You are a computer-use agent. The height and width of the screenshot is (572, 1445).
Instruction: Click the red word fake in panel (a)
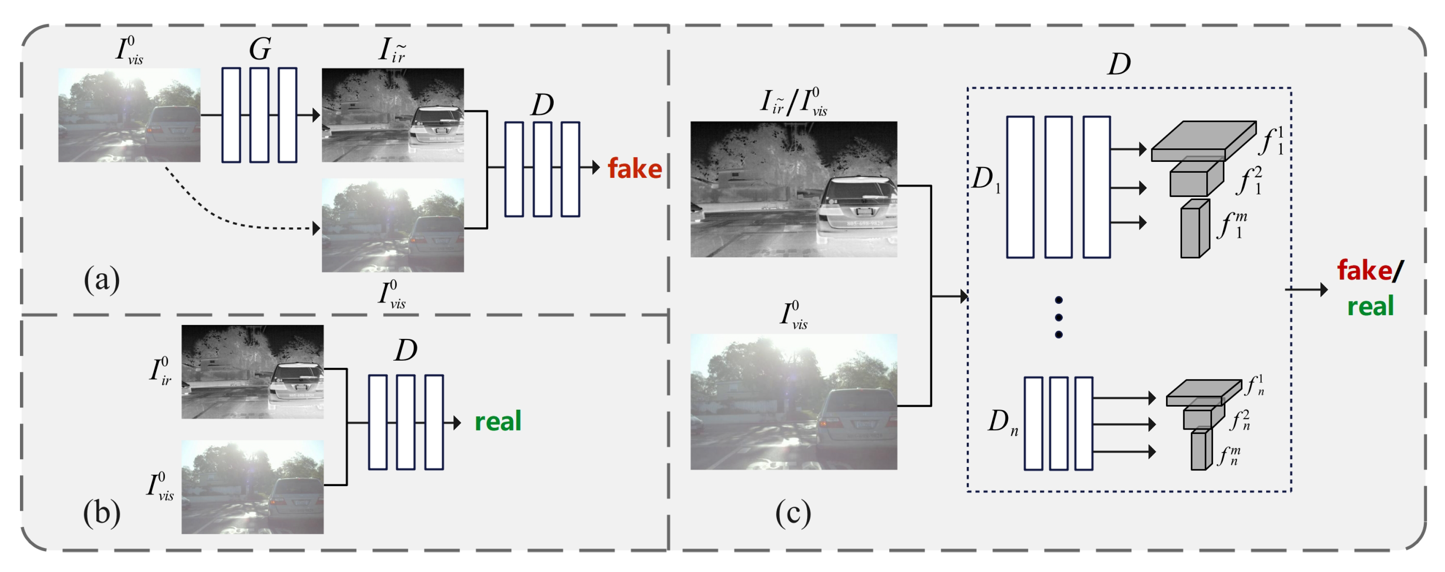pyautogui.click(x=634, y=168)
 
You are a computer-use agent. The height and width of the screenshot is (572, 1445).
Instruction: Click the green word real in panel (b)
pyautogui.click(x=498, y=421)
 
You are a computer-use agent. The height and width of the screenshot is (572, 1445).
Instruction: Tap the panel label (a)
pyautogui.click(x=102, y=279)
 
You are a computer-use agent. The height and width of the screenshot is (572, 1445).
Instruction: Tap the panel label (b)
pyautogui.click(x=102, y=512)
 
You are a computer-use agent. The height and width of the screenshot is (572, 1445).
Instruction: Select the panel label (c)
pyautogui.click(x=793, y=512)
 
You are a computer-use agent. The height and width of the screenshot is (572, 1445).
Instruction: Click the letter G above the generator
pyautogui.click(x=260, y=49)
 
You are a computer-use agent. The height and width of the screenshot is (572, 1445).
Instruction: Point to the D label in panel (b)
pyautogui.click(x=406, y=351)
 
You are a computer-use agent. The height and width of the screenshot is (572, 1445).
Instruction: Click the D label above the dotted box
pyautogui.click(x=1119, y=65)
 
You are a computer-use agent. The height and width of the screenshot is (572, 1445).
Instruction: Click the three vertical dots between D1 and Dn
pyautogui.click(x=1058, y=317)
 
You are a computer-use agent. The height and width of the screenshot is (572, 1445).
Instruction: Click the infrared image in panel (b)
pyautogui.click(x=253, y=372)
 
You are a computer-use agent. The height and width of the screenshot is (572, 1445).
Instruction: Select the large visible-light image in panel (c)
pyautogui.click(x=793, y=401)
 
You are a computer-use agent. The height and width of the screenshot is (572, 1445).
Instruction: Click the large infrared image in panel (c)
pyautogui.click(x=793, y=190)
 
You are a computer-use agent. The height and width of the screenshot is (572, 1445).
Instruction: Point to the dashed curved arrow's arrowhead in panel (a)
pyautogui.click(x=316, y=228)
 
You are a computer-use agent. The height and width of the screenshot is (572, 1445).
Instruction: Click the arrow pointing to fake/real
pyautogui.click(x=1307, y=289)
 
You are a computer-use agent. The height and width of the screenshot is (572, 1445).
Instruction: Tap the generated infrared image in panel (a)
pyautogui.click(x=393, y=115)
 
